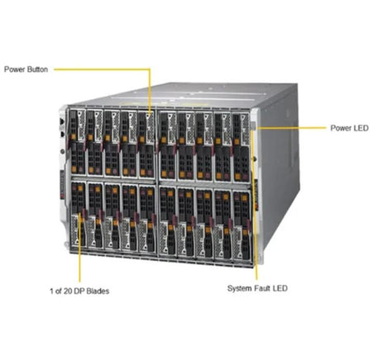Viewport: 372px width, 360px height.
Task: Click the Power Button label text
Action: click(26, 69)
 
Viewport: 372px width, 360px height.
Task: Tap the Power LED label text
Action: click(350, 128)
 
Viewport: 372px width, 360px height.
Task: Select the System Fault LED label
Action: click(257, 288)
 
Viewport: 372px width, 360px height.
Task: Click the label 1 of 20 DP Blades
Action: click(79, 291)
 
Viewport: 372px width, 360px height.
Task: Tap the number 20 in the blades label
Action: click(68, 291)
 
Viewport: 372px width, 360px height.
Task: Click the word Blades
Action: click(98, 291)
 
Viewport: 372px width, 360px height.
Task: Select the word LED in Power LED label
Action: click(361, 128)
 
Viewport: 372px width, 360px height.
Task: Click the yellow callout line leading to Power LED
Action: click(291, 128)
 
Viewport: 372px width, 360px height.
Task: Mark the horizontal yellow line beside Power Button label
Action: click(102, 69)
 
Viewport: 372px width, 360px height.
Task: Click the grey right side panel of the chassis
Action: click(279, 165)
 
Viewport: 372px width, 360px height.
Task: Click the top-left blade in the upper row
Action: click(78, 142)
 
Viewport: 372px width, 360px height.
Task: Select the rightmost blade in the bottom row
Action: click(242, 225)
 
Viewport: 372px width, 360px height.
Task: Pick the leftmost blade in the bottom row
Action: click(78, 214)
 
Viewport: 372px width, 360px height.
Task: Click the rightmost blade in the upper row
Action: click(241, 147)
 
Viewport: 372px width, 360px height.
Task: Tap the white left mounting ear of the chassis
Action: click(63, 176)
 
